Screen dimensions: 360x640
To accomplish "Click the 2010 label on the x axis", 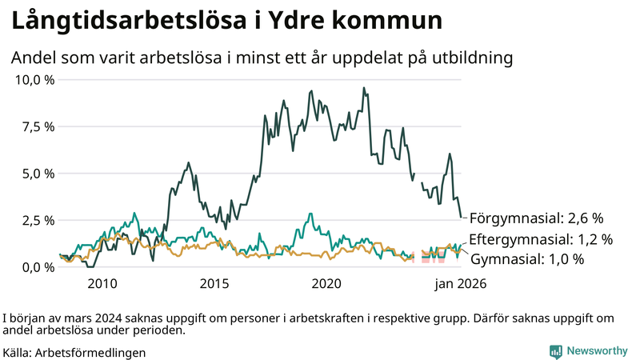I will click(x=102, y=283).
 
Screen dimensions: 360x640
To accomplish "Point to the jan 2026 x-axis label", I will click(x=460, y=283).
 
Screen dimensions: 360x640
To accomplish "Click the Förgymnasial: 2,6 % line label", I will click(x=535, y=218).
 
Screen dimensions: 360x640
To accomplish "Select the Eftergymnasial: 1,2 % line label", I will click(x=541, y=239).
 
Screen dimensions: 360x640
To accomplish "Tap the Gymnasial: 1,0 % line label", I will click(x=526, y=259).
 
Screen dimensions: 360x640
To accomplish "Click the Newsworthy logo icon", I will click(x=555, y=350).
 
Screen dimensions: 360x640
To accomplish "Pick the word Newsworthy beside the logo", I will click(x=598, y=350).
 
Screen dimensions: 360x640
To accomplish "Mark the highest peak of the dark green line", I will click(x=364, y=88).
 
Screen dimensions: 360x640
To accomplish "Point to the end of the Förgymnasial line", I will click(x=461, y=217).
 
